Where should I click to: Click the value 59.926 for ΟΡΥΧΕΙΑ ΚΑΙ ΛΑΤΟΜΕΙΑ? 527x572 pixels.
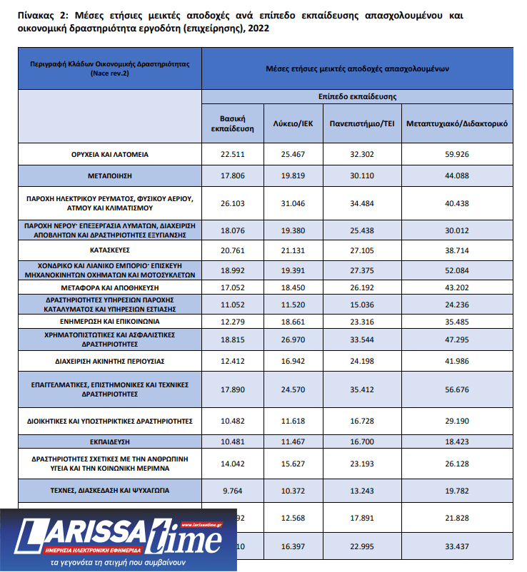[457, 154]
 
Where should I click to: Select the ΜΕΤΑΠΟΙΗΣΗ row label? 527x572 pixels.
[109, 173]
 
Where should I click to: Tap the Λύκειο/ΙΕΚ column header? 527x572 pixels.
[293, 123]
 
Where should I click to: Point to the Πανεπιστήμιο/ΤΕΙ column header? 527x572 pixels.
[362, 123]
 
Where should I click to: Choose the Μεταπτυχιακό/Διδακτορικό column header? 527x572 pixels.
[457, 123]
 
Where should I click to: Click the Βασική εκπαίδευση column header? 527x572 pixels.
[233, 123]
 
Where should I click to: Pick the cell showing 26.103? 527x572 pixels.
[233, 203]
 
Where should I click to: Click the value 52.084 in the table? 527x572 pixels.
[457, 268]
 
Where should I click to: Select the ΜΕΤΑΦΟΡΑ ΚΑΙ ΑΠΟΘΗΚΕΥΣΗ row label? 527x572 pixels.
[109, 287]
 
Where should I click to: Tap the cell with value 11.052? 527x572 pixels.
[233, 304]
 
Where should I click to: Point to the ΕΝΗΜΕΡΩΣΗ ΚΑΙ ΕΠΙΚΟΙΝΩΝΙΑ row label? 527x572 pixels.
[109, 322]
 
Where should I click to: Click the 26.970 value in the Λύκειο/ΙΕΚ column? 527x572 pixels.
[293, 340]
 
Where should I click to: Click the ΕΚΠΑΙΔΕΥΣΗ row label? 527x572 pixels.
[109, 442]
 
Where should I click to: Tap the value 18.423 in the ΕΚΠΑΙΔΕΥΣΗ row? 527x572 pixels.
[457, 442]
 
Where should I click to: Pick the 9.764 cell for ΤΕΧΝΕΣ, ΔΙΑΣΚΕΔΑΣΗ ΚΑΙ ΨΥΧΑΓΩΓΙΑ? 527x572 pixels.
[233, 490]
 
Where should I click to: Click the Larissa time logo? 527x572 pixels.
[118, 539]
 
